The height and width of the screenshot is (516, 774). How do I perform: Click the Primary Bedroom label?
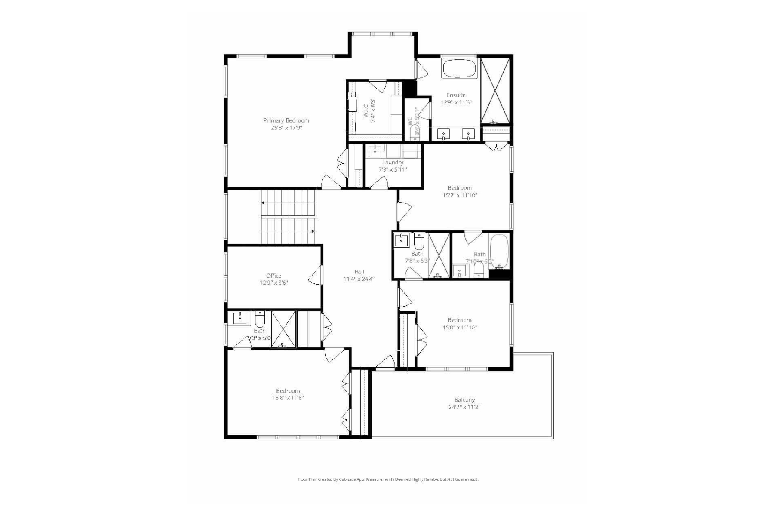[x=286, y=120]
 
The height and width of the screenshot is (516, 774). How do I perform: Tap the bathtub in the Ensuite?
[x=459, y=68]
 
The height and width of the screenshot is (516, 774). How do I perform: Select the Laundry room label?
[x=393, y=163]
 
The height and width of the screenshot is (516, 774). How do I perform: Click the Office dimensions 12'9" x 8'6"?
[x=273, y=283]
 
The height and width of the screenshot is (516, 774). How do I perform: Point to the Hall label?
[x=359, y=272]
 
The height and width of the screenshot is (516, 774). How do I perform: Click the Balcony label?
[x=464, y=400]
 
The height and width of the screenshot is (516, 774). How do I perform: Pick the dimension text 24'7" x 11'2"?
[x=464, y=407]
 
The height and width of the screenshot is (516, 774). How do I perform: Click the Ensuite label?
[x=456, y=95]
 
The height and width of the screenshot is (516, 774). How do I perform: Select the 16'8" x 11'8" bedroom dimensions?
[x=288, y=398]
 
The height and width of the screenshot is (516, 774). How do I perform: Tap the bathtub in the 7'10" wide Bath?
[x=499, y=251]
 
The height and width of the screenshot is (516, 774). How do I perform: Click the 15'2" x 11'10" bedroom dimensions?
[x=460, y=195]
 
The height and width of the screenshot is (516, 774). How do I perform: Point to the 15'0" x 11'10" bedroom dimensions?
[x=460, y=328]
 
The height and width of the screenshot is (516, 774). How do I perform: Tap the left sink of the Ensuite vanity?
[x=443, y=134]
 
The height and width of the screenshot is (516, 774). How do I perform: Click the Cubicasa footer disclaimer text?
[x=388, y=479]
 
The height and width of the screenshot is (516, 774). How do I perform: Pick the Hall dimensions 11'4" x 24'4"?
[x=359, y=279]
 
